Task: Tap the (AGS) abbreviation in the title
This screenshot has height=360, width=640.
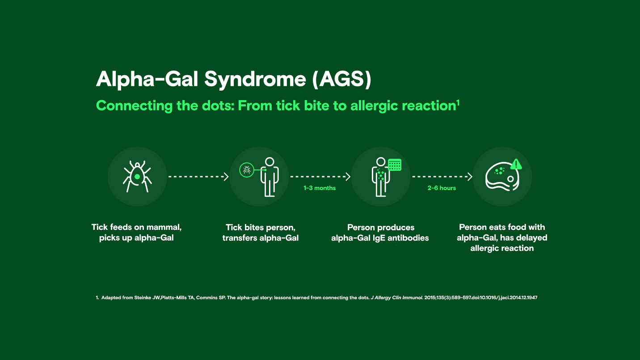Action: (341, 79)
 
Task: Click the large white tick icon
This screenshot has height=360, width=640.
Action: (137, 176)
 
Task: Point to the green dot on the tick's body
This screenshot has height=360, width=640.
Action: (137, 177)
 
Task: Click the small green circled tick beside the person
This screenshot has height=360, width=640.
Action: (246, 170)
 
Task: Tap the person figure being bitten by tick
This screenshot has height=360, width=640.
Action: (269, 176)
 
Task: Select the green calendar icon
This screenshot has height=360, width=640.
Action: (395, 165)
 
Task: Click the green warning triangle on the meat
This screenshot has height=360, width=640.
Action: (516, 164)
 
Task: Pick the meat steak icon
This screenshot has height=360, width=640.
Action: (501, 177)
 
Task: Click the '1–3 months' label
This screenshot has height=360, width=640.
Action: (320, 188)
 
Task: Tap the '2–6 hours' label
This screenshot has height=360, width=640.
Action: (442, 188)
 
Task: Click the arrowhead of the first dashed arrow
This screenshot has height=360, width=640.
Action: (226, 177)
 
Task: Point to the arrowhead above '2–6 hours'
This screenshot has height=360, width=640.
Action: (470, 177)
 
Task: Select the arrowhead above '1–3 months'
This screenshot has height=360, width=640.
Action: (348, 177)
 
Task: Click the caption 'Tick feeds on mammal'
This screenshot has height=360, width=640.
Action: (136, 227)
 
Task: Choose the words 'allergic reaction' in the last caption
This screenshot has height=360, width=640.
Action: (502, 248)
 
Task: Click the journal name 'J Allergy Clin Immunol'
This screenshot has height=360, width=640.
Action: (396, 297)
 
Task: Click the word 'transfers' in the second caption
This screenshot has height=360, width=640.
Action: (240, 238)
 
